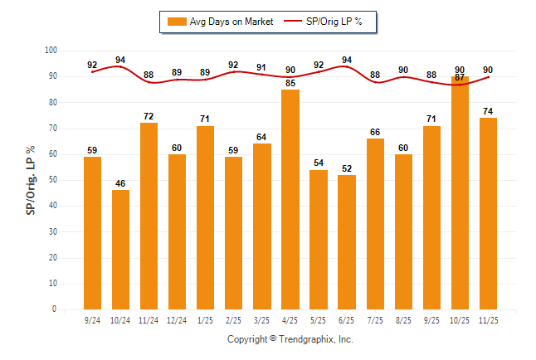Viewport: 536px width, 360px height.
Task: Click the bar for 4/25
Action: [290, 199]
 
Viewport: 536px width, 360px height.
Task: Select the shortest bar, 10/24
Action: [121, 249]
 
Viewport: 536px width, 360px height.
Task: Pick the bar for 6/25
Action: [347, 241]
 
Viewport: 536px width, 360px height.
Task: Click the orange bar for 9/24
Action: [93, 232]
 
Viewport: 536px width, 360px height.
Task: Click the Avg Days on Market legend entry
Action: [221, 22]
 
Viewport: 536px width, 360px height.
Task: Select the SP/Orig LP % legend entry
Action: [329, 22]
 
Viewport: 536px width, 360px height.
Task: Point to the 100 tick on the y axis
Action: [50, 51]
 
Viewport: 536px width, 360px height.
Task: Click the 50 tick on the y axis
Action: [51, 180]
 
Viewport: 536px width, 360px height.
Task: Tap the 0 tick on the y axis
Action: [54, 309]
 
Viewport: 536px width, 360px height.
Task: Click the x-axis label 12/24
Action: [178, 319]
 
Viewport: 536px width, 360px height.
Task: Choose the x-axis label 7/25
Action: [375, 319]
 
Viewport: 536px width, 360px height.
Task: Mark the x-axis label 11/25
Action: [488, 319]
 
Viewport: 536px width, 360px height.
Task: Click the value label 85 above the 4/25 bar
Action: [290, 83]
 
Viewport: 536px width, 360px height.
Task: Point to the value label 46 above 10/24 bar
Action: [121, 183]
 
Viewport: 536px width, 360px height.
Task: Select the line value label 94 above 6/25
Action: [347, 60]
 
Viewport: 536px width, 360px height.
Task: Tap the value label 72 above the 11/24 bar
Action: [149, 116]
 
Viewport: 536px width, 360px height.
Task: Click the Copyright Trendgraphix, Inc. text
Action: [290, 339]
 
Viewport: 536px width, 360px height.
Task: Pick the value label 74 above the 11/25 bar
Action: [488, 111]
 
